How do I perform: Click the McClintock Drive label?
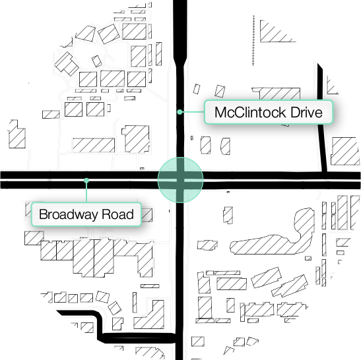268,113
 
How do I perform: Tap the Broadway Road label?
86,214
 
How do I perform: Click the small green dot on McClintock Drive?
179,113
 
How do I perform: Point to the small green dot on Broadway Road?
86,180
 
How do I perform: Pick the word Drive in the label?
306,113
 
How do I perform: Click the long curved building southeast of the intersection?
271,241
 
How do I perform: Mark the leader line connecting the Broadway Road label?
86,191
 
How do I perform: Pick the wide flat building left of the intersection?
93,144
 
